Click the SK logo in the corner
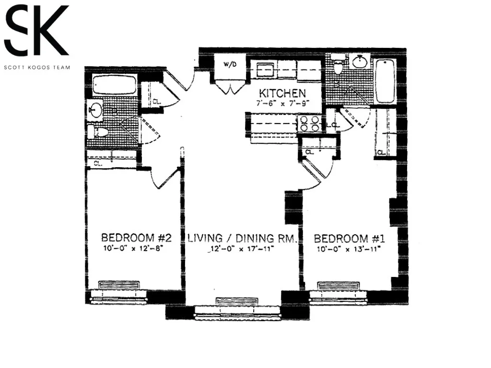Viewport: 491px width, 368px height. click(36, 31)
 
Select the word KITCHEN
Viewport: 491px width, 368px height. click(282, 92)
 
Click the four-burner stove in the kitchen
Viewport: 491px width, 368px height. click(309, 124)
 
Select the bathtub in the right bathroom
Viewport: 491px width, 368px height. click(385, 81)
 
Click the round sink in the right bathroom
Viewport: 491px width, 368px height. click(360, 62)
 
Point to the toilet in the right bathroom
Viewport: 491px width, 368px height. click(339, 66)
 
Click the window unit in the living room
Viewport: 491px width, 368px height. click(237, 301)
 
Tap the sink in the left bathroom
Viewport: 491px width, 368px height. click(95, 110)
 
